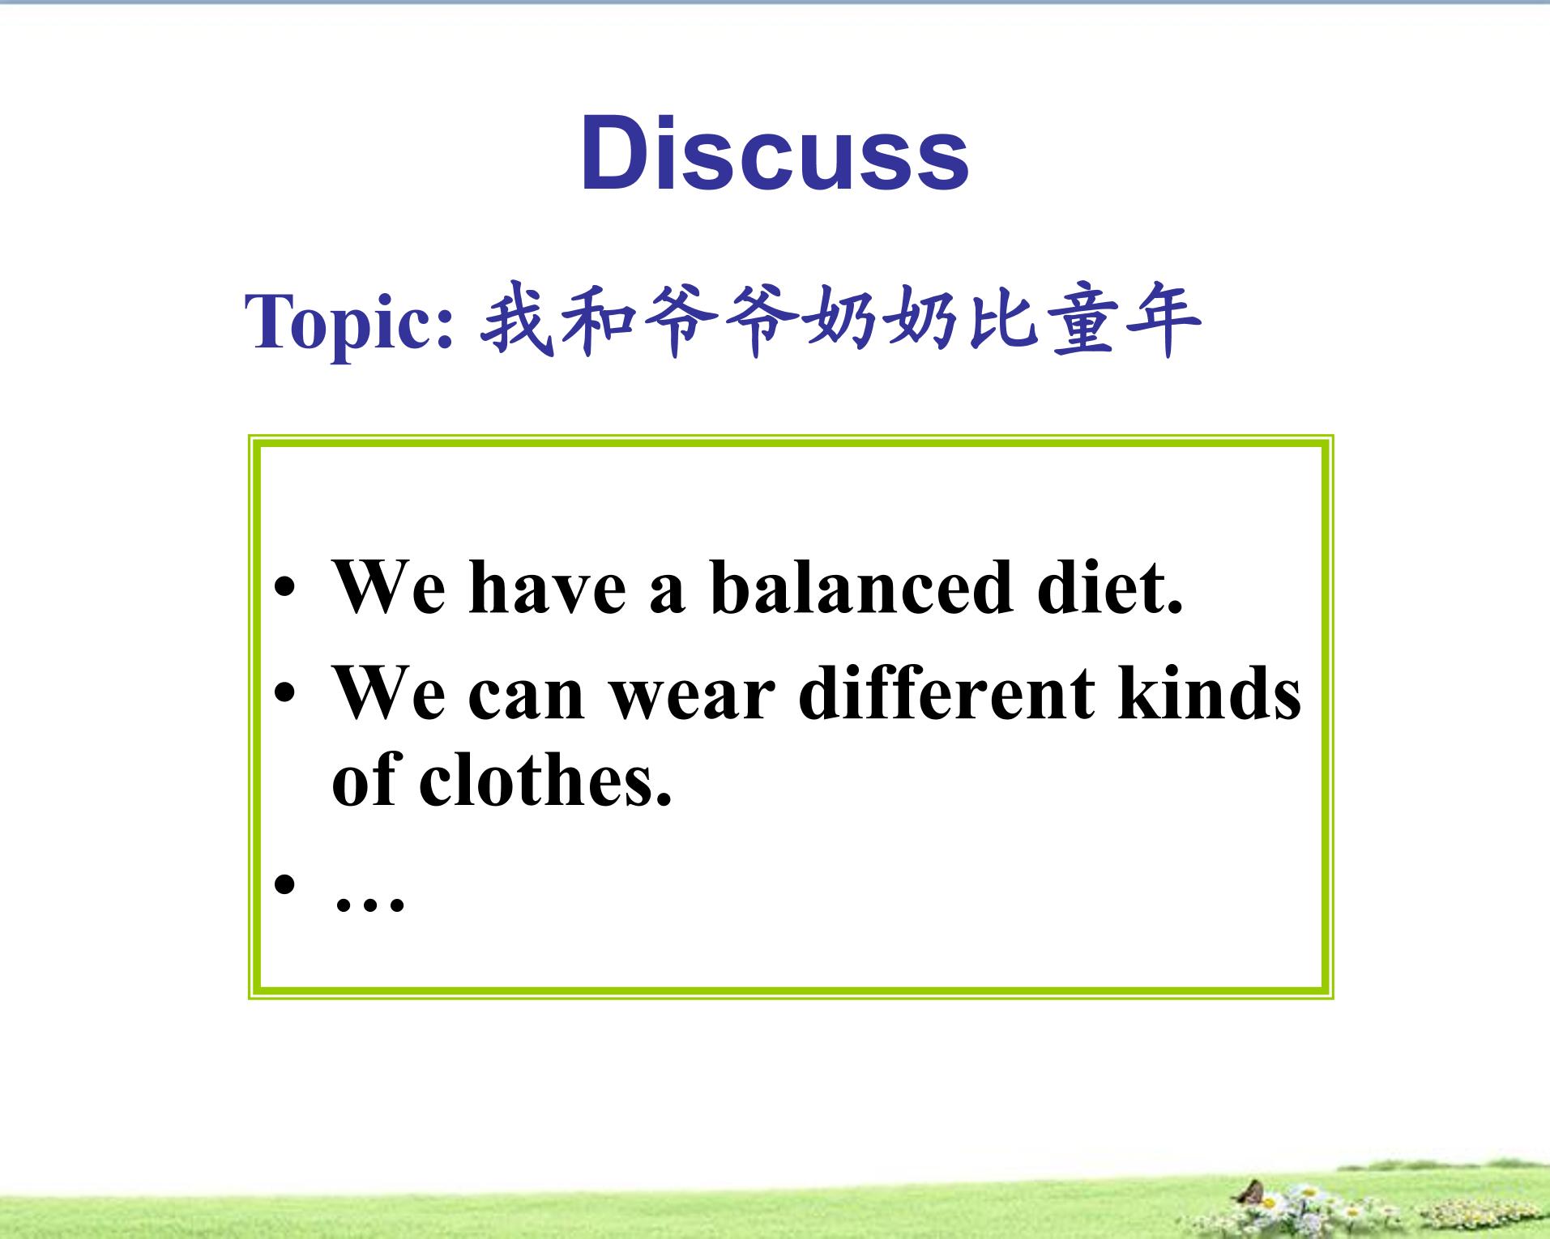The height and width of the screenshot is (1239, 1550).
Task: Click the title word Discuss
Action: (775, 154)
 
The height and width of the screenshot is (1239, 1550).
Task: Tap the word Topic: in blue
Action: (349, 322)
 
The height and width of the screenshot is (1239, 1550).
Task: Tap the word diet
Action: (1110, 585)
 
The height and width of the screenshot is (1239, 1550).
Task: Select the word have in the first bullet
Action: (548, 587)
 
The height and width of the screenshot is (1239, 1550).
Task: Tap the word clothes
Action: (544, 777)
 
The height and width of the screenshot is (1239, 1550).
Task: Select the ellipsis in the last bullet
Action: (369, 904)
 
